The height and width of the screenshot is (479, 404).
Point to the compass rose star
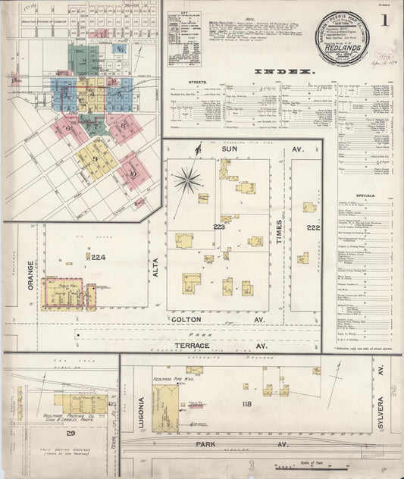point(186,180)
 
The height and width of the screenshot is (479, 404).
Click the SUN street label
point(228,150)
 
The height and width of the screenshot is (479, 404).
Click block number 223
point(219,227)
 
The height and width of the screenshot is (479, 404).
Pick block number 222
point(313,227)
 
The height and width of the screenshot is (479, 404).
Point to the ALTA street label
point(155,266)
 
